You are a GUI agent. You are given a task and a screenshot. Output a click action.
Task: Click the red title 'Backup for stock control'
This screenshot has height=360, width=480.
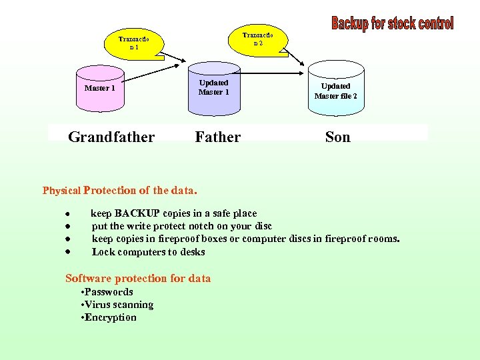(x=392, y=24)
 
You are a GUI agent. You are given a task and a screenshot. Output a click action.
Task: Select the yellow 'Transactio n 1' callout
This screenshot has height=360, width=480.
(x=133, y=43)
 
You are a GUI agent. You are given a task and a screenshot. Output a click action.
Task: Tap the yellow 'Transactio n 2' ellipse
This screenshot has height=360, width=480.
(x=257, y=39)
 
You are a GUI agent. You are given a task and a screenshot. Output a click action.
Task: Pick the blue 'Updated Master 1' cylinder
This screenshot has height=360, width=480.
(x=213, y=88)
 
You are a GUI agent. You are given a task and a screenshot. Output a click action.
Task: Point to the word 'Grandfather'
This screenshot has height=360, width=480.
(x=111, y=137)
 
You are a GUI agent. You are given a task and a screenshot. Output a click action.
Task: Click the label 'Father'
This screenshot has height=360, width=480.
(x=218, y=137)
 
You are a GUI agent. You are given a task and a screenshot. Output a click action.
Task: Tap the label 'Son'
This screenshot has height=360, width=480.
(x=337, y=137)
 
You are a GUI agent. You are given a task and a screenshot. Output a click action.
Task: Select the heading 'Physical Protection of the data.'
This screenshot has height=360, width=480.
(x=120, y=191)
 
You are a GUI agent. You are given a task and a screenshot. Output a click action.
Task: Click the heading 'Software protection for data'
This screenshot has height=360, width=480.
(x=138, y=279)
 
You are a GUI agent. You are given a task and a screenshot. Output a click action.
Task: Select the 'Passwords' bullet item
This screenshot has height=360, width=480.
(x=108, y=292)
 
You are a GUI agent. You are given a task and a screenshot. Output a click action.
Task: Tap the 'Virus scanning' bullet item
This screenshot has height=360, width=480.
(x=119, y=305)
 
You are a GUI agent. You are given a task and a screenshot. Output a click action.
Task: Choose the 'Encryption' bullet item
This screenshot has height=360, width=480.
(x=110, y=317)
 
